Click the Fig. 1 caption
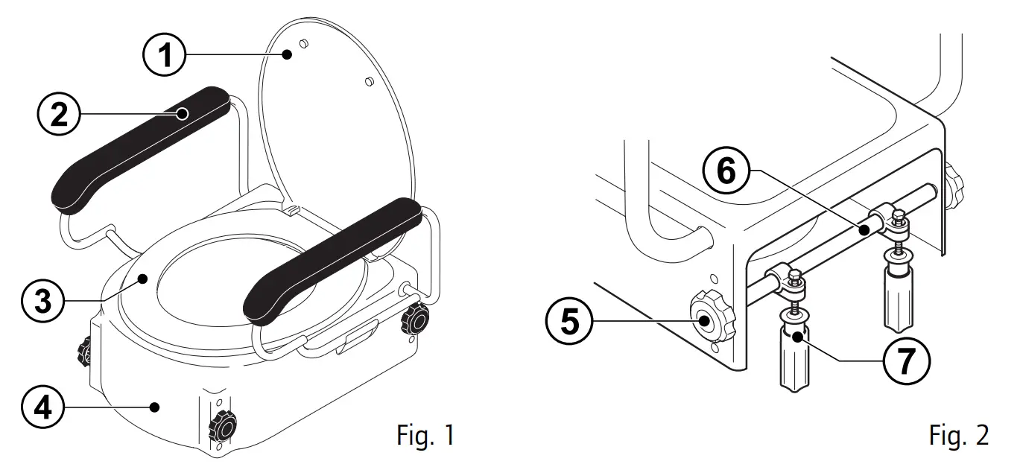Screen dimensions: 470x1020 point(425,434)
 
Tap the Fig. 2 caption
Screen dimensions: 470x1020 point(960,434)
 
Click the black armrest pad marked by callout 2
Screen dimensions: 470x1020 point(142,145)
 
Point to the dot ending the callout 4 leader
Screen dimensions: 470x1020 point(154,406)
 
